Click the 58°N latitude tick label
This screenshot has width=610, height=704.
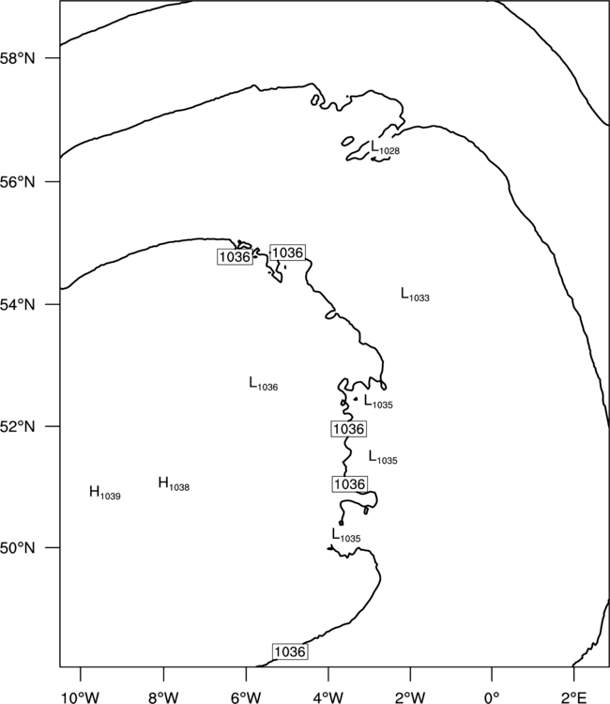17,58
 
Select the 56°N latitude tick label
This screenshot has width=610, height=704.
17,182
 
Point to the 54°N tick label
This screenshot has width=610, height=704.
17,305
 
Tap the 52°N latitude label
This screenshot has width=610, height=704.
17,426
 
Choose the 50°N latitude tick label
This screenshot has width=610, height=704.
17,548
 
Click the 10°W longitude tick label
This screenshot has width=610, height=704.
81,697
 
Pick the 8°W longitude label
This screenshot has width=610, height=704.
163,697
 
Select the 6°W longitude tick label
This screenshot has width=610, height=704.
246,697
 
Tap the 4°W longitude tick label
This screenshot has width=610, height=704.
328,697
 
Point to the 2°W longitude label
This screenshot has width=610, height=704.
411,697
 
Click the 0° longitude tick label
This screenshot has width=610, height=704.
492,697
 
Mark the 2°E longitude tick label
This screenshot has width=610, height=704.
574,697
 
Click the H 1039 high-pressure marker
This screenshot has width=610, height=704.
105,493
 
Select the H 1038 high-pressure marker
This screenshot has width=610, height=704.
174,483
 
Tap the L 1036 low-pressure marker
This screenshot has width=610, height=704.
264,383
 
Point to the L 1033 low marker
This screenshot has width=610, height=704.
415,295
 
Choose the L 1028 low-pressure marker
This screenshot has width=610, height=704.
385,147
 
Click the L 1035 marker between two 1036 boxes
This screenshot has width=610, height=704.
383,457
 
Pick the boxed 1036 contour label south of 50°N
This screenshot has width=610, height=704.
290,651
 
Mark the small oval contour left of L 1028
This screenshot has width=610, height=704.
347,141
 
